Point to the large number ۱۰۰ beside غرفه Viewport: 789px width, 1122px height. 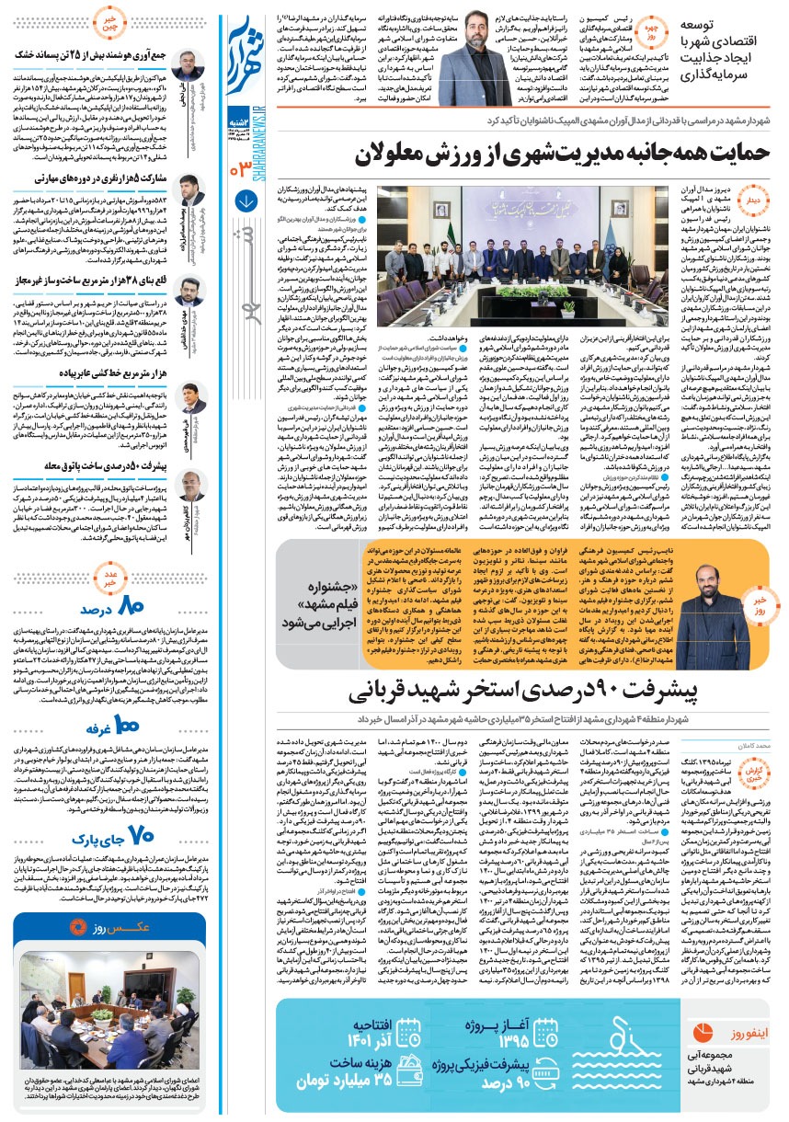[122, 703]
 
